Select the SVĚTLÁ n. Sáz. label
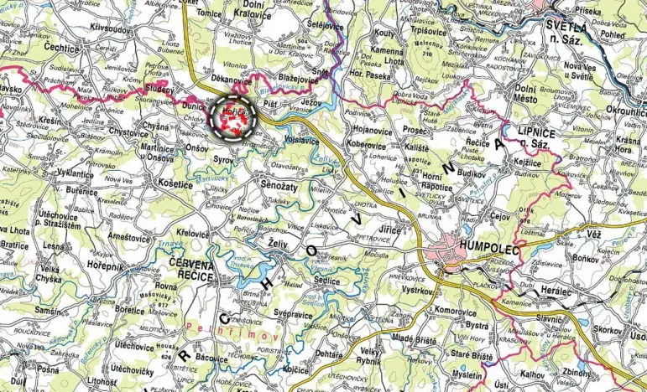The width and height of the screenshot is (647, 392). pyautogui.click(x=565, y=32)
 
